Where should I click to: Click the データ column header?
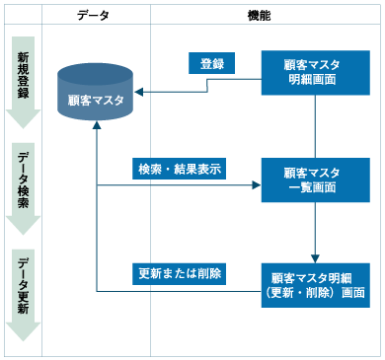click(96, 17)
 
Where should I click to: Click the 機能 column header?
click(262, 17)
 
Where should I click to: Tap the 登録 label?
click(211, 64)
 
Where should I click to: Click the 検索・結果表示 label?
click(179, 169)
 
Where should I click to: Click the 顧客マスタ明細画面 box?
click(315, 72)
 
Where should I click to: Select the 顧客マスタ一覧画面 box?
click(315, 180)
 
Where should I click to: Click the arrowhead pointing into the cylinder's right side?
click(139, 93)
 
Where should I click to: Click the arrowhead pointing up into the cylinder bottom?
click(96, 129)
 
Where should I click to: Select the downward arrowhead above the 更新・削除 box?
click(315, 255)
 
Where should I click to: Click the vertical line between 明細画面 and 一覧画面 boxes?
click(315, 125)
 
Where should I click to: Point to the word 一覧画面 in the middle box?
click(315, 187)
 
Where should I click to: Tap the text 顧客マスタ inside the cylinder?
click(96, 100)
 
